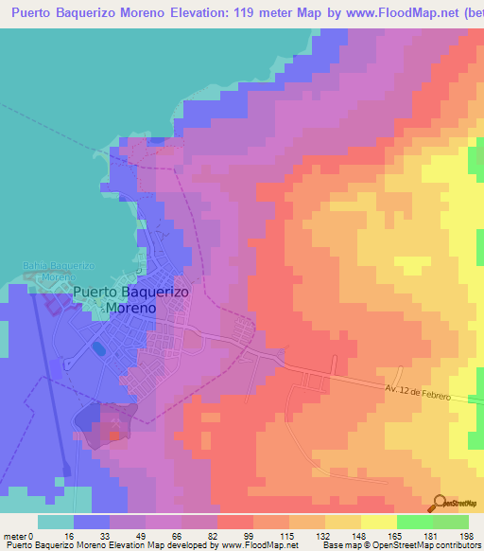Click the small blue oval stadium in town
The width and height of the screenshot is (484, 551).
coord(99,348)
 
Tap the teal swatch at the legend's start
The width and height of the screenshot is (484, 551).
coord(55,522)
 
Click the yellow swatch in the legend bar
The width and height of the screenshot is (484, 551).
coord(378,522)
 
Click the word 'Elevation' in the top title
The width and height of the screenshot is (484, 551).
coord(192,11)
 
